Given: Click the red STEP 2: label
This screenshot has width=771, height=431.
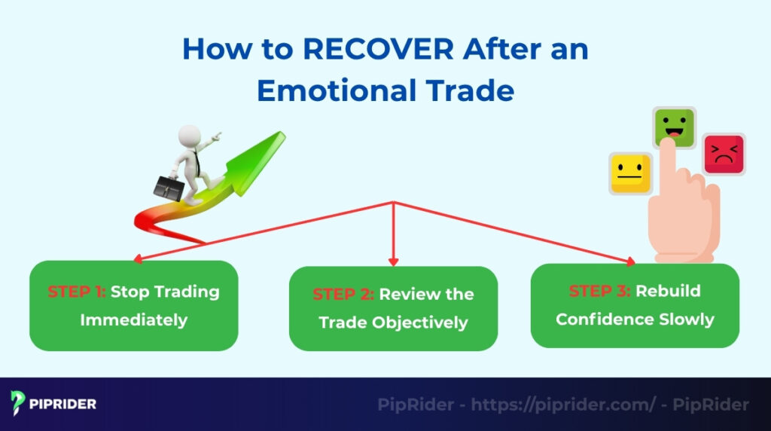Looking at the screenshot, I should (x=343, y=295).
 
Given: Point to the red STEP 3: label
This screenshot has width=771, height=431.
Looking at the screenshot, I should (x=600, y=291).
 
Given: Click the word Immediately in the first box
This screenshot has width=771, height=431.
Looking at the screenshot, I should (x=134, y=319).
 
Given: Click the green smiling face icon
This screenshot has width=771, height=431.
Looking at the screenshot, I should (x=674, y=128).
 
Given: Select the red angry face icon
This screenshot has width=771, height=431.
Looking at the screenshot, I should (x=724, y=154).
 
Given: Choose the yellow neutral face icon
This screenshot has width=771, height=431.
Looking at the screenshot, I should (x=630, y=173).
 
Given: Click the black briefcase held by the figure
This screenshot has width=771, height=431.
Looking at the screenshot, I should (x=169, y=185).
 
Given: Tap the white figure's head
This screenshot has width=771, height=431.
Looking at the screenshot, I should (x=190, y=138).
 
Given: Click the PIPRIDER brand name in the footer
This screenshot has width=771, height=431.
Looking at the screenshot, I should (x=64, y=405).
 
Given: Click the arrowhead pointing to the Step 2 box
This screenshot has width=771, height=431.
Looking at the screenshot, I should (x=393, y=261).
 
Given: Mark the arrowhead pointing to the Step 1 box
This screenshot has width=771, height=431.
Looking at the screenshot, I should (x=137, y=258).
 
